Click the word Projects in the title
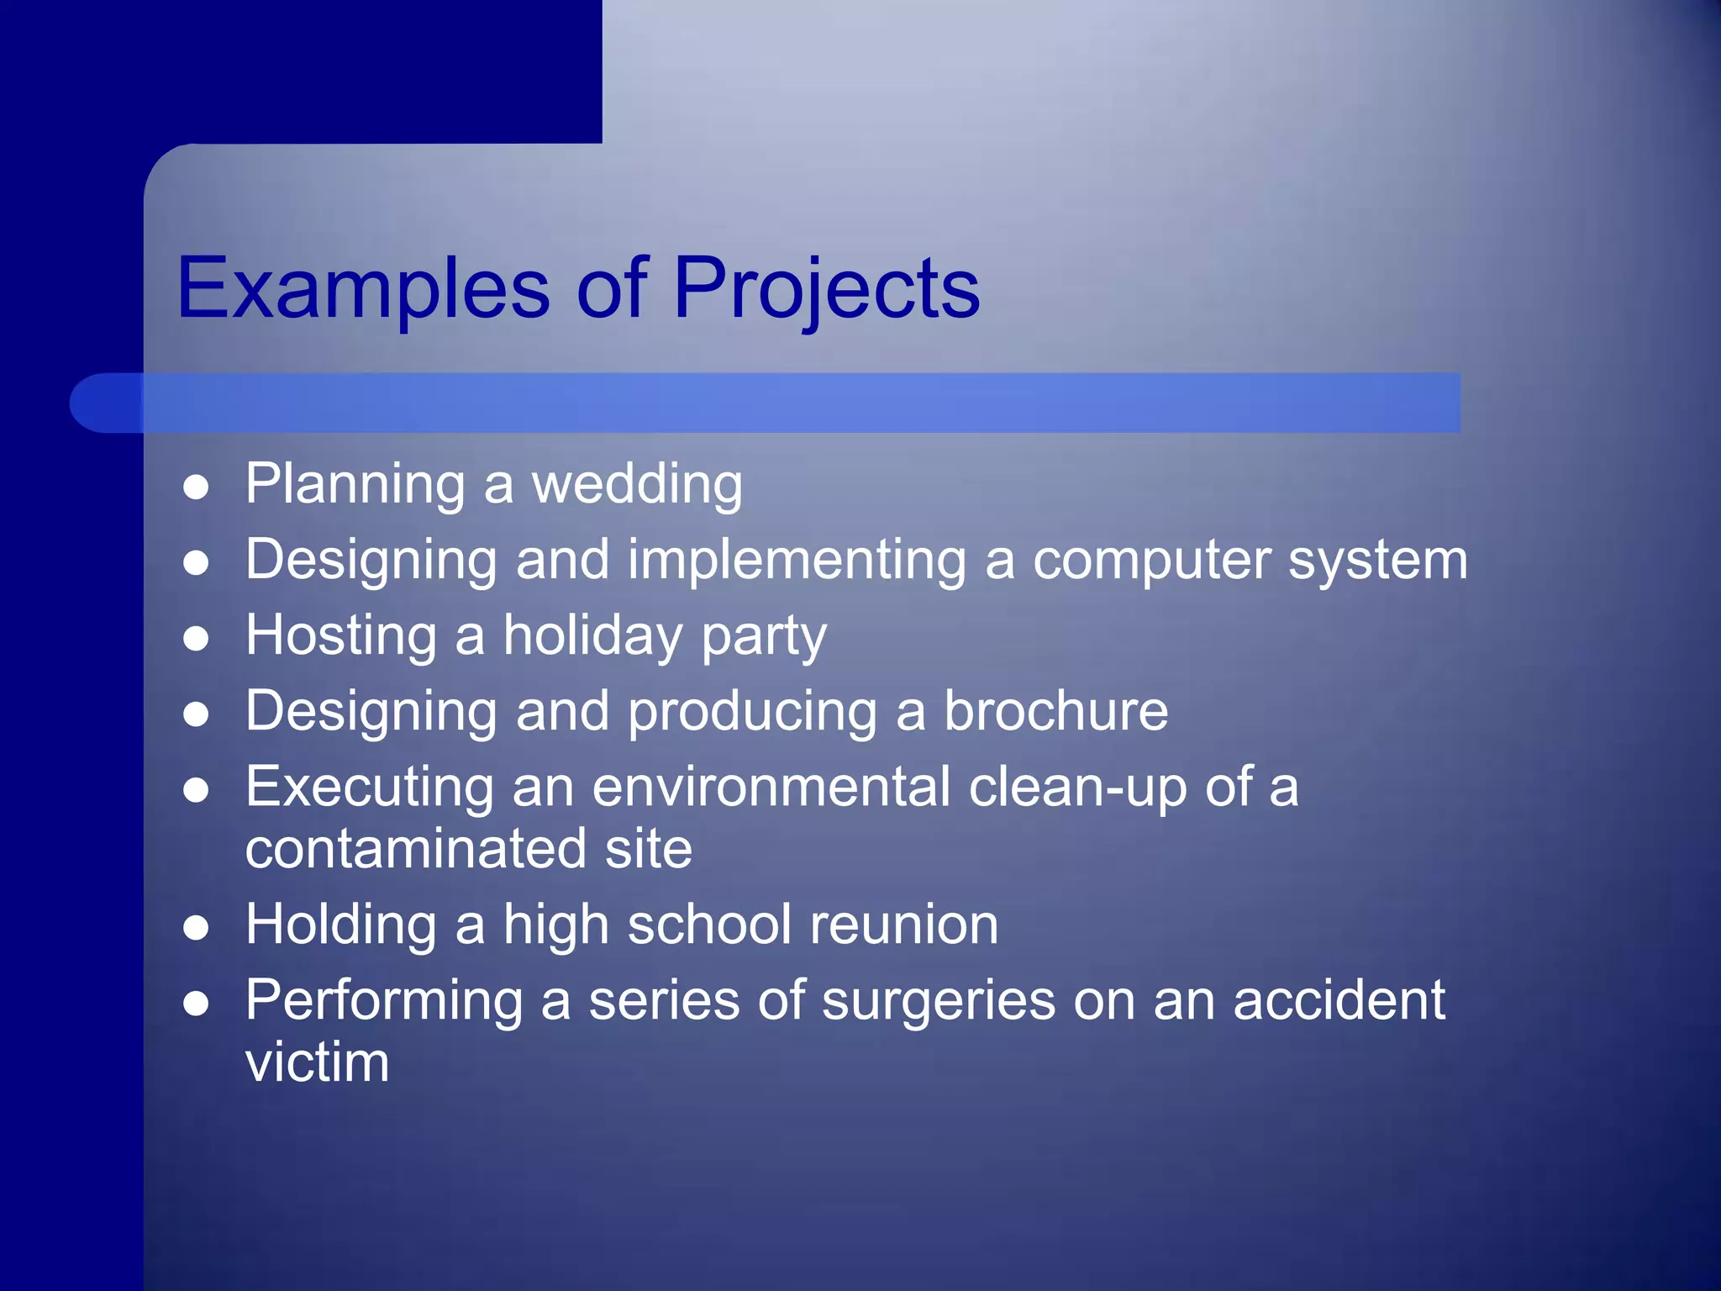click(826, 290)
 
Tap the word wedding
click(637, 485)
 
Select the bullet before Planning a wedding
click(196, 487)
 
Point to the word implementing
click(797, 561)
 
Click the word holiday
click(592, 636)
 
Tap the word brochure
click(1055, 711)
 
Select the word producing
click(752, 713)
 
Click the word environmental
click(771, 788)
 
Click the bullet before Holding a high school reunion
click(196, 928)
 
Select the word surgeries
click(938, 1002)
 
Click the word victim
click(317, 1062)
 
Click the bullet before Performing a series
click(196, 1004)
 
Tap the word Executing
click(369, 788)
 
